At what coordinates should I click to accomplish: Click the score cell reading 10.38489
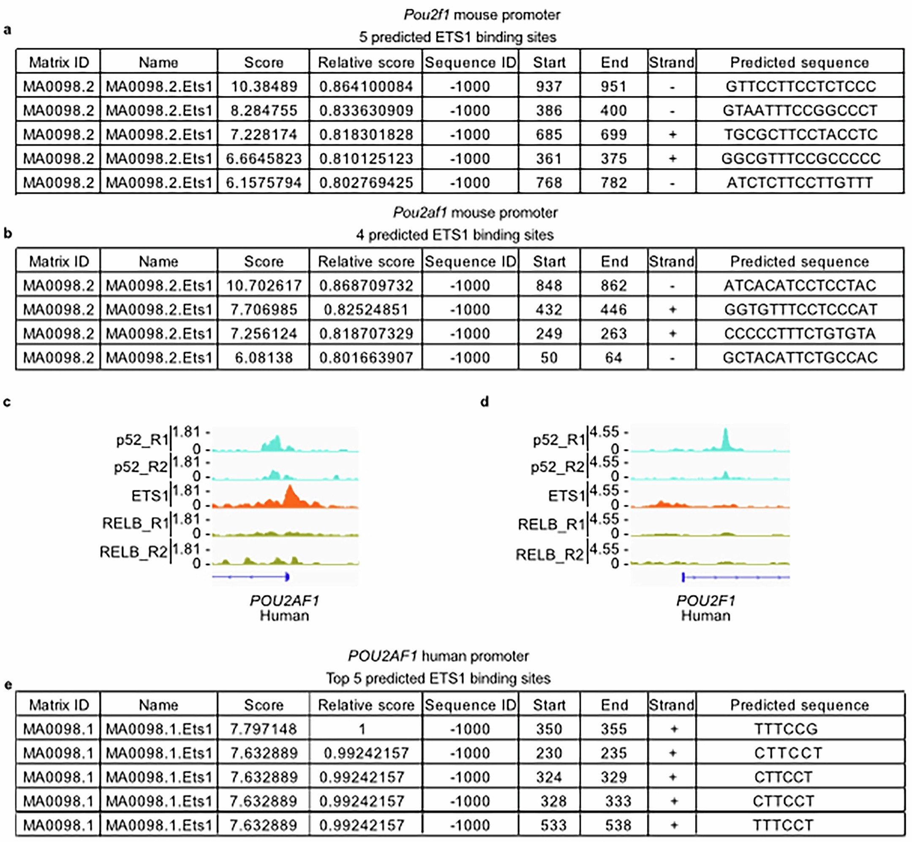[x=264, y=87]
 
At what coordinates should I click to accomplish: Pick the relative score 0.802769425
[x=366, y=183]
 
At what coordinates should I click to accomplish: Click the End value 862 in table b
[x=613, y=286]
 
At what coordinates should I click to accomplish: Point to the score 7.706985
[x=264, y=310]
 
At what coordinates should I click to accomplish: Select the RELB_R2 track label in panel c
[x=133, y=552]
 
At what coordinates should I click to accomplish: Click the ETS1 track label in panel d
[x=566, y=496]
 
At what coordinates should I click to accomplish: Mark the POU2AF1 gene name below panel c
[x=285, y=601]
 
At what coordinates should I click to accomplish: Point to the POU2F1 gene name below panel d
[x=705, y=601]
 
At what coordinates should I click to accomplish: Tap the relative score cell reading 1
[x=362, y=729]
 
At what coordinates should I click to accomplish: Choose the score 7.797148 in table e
[x=264, y=729]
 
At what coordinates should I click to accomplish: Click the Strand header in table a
[x=672, y=62]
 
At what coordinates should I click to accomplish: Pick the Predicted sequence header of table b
[x=800, y=262]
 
